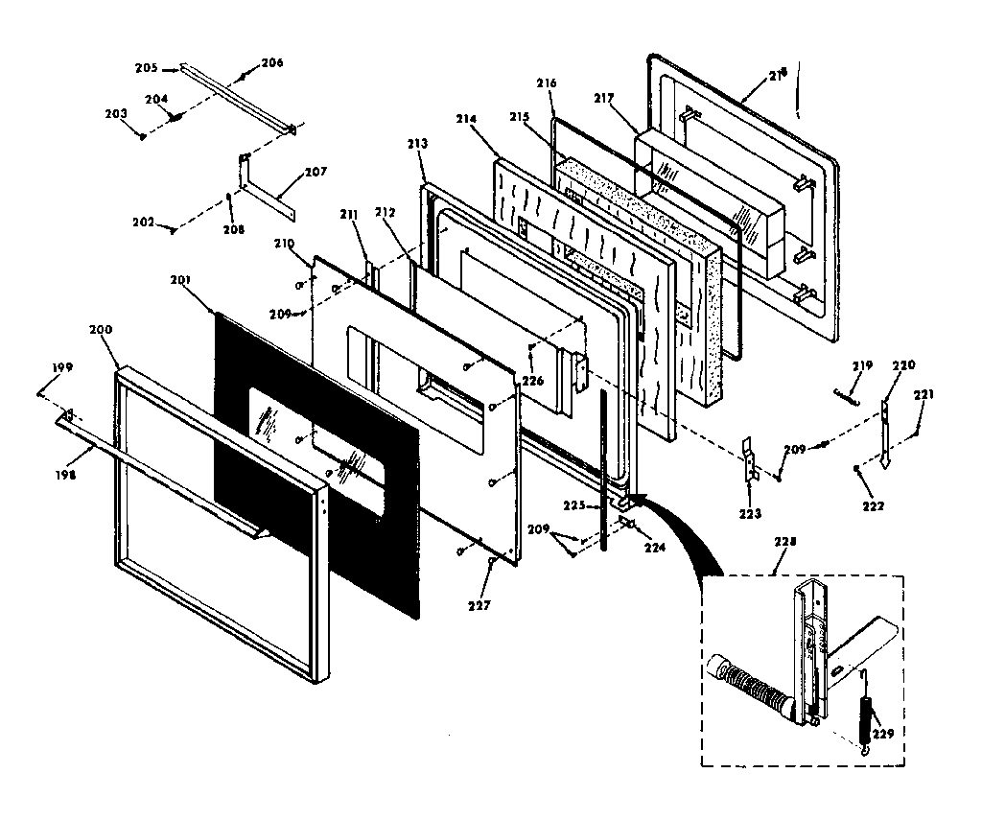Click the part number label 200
point(101,329)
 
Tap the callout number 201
point(181,279)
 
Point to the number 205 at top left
point(146,68)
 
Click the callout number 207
point(316,172)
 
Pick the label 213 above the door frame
point(417,143)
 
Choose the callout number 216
point(547,83)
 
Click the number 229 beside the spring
point(884,734)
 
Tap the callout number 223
point(750,514)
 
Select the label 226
point(532,381)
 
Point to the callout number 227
point(479,605)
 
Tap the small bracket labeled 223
point(751,460)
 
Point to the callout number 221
point(924,394)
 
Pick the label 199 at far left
point(62,367)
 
